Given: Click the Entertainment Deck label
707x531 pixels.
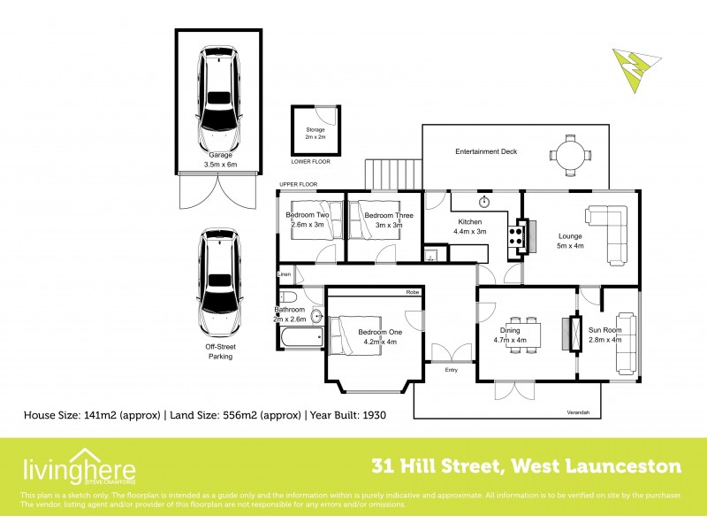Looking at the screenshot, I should (486, 151).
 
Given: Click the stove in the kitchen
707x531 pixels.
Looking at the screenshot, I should (515, 235).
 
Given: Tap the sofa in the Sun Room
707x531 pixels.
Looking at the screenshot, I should (626, 342).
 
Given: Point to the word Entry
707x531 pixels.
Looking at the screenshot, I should (452, 370).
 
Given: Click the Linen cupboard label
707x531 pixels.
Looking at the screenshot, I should (285, 275).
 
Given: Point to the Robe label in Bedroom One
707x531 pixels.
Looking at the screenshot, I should (412, 292).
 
